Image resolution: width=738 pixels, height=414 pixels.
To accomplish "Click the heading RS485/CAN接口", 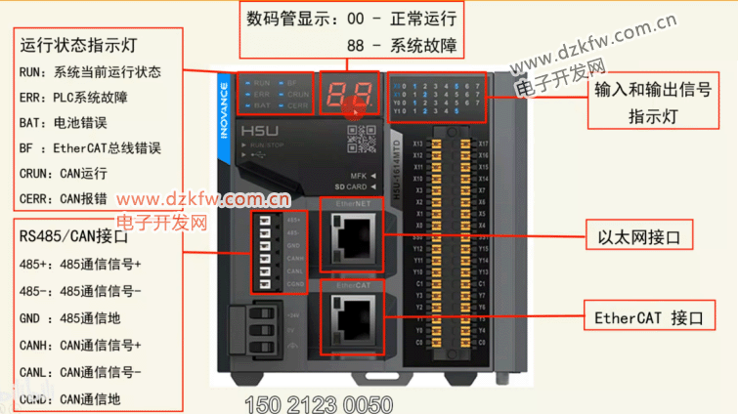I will [x=73, y=236].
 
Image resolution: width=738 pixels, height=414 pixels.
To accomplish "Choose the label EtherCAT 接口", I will [x=649, y=318].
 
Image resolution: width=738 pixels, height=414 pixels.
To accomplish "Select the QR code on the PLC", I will [x=362, y=141].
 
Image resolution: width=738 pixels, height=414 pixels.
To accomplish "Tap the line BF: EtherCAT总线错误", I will [x=90, y=148].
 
